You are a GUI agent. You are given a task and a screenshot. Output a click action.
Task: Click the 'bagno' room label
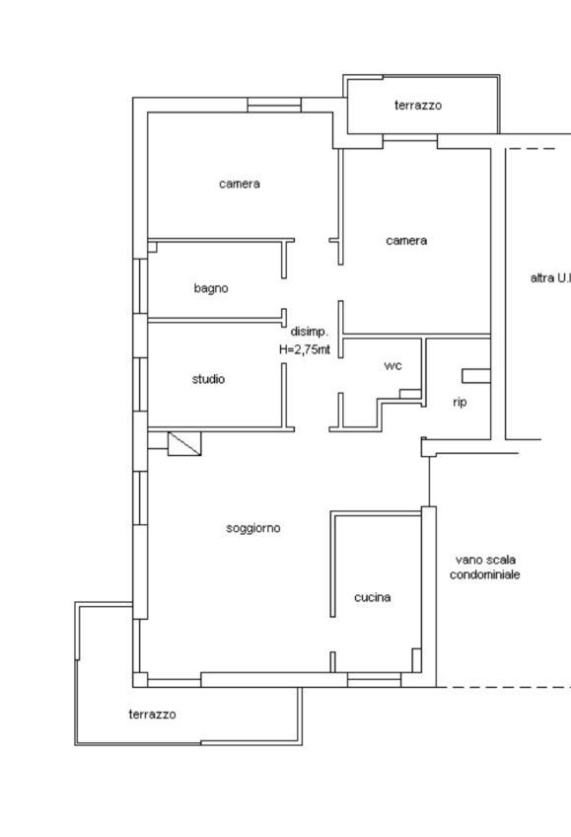coord(211,289)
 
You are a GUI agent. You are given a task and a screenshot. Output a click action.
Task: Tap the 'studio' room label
coord(208,379)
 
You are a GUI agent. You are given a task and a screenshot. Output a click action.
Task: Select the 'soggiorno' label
coord(253,528)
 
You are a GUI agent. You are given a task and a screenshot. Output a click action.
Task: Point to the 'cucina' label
coord(372,597)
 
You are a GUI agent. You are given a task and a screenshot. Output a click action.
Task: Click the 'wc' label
coord(393,366)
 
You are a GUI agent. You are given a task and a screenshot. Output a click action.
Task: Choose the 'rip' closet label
coord(460,402)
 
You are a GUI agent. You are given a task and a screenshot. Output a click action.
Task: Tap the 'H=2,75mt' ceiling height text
coord(305,349)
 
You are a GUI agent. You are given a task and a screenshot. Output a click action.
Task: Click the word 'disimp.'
coord(310,332)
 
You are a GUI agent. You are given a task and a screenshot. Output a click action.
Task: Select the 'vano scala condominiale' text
coord(484,568)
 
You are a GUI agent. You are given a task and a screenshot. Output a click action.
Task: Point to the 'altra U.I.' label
coord(550,277)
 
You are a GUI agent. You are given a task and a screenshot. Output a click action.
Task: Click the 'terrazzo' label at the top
coord(418,106)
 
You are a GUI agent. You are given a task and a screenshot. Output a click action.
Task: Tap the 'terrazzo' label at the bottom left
coord(152,715)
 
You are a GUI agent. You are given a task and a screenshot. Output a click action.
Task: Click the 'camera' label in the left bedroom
coord(240,185)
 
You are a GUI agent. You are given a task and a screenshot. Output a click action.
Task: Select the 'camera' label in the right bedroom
coord(406,241)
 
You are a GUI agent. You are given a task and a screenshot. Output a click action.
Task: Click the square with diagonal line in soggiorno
coord(184,443)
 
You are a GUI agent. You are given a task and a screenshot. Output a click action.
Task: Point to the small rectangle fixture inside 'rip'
coord(476,376)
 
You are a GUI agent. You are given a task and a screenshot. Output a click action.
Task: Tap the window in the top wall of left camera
coord(274,105)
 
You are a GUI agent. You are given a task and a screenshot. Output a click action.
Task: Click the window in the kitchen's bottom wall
coord(374,680)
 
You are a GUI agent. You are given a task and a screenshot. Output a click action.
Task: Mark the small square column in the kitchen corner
coord(416,660)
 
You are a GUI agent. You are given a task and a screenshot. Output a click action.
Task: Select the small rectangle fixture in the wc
coord(410,394)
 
